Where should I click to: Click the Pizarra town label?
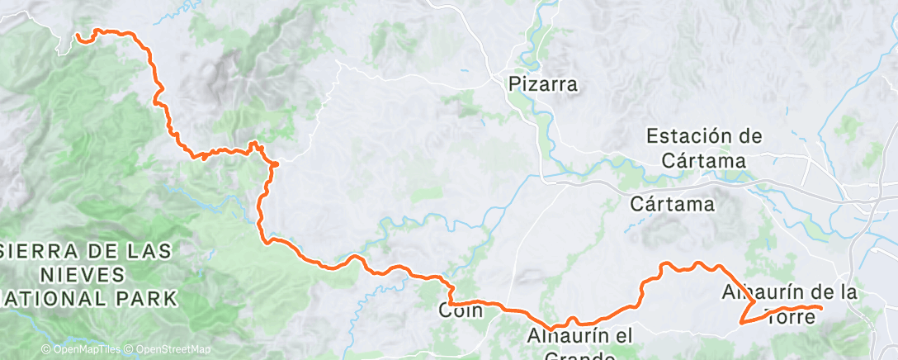click(543, 83)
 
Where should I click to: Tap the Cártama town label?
click(672, 203)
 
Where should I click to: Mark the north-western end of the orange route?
click(77, 36)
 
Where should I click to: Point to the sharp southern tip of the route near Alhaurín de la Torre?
click(741, 323)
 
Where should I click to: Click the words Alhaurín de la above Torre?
click(789, 292)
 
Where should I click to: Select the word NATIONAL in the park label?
click(58, 297)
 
